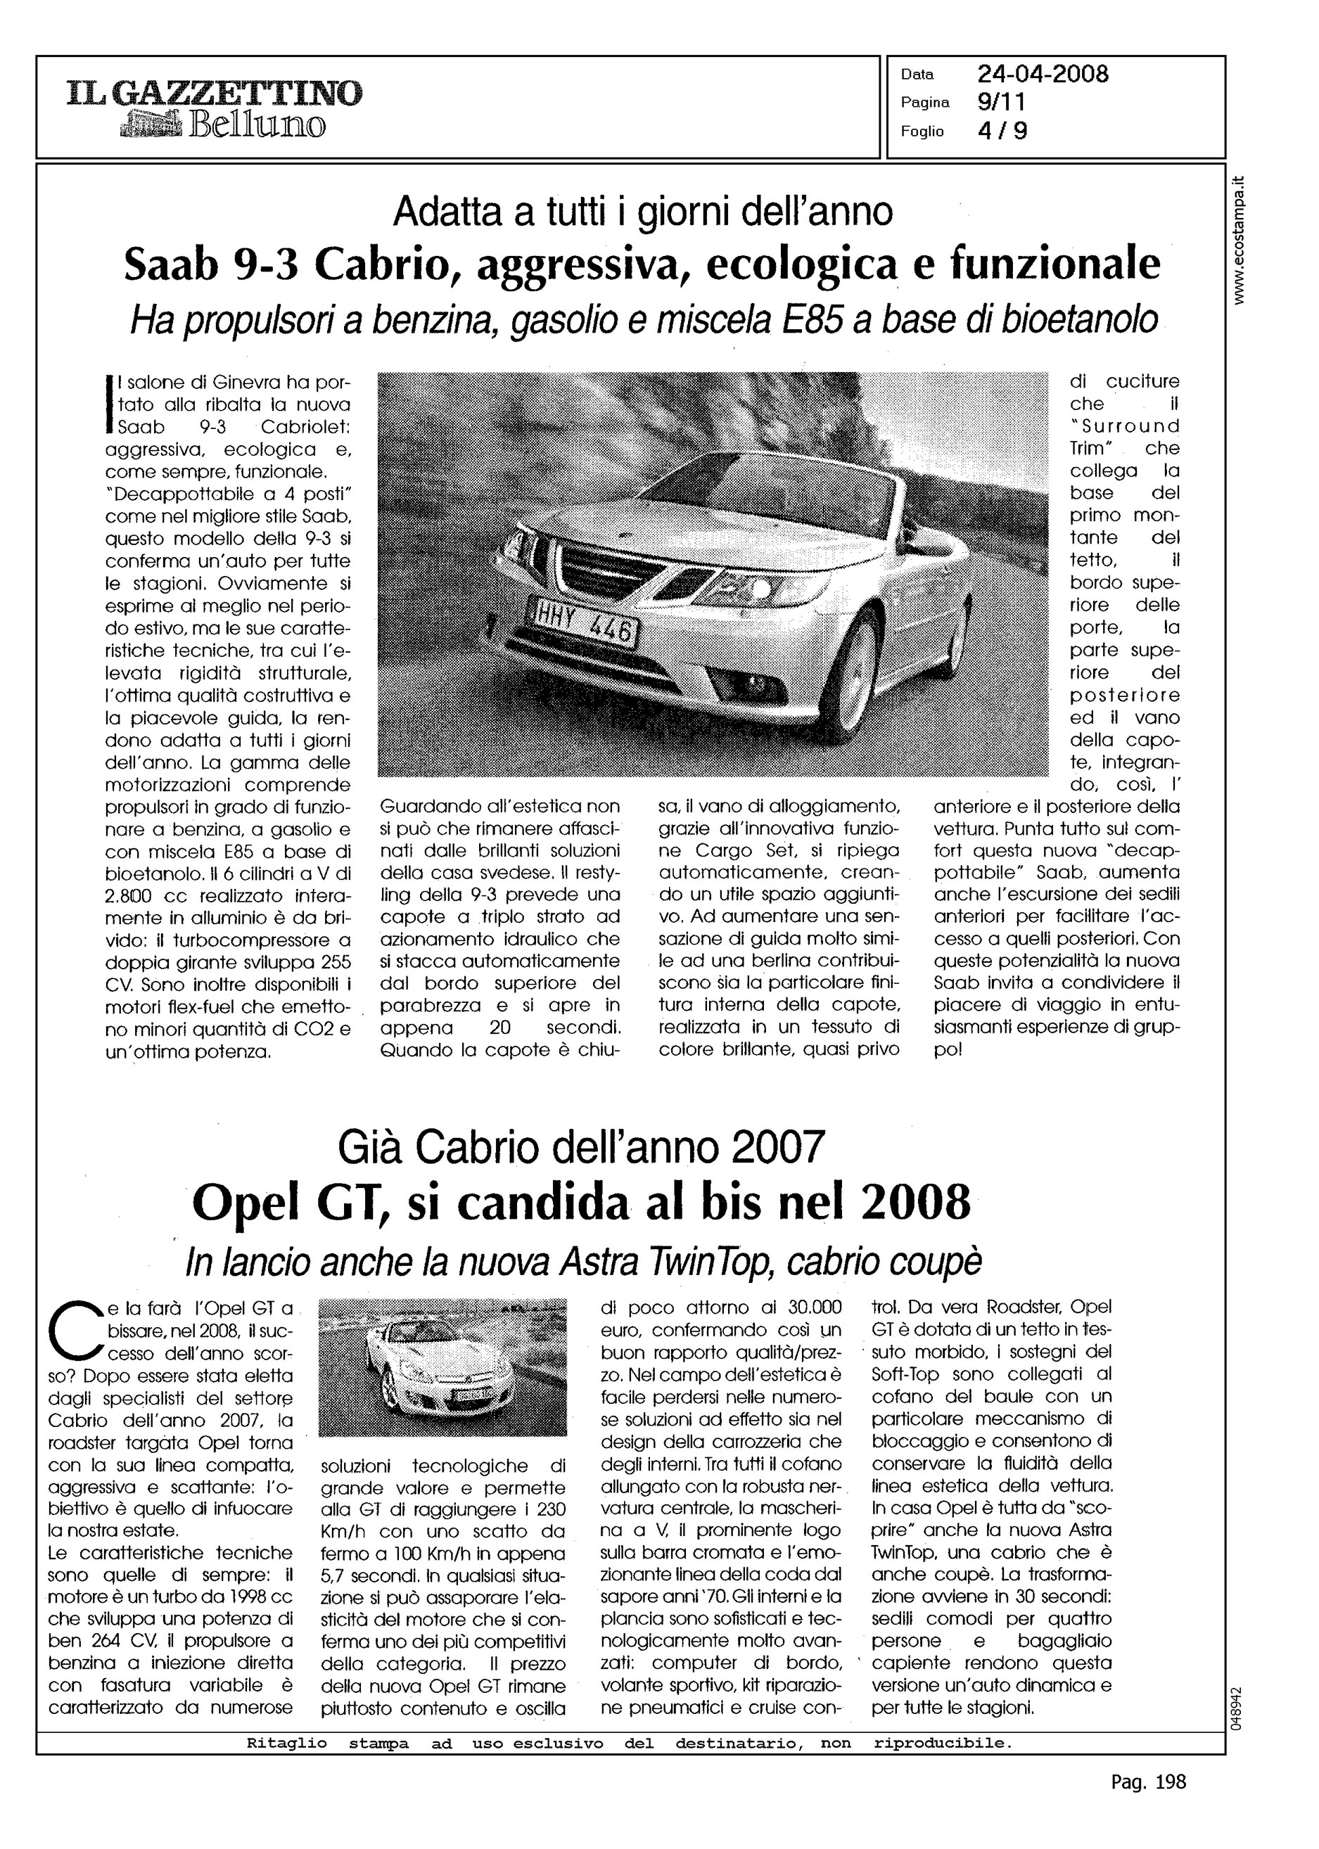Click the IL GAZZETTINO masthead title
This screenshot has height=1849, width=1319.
pyautogui.click(x=215, y=94)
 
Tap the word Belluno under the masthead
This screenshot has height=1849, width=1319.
pyautogui.click(x=257, y=126)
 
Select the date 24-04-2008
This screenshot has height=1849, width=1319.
pyautogui.click(x=1043, y=74)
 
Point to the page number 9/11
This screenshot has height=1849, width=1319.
pyautogui.click(x=1002, y=102)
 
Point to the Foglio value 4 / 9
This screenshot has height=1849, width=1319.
pyautogui.click(x=1002, y=132)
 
